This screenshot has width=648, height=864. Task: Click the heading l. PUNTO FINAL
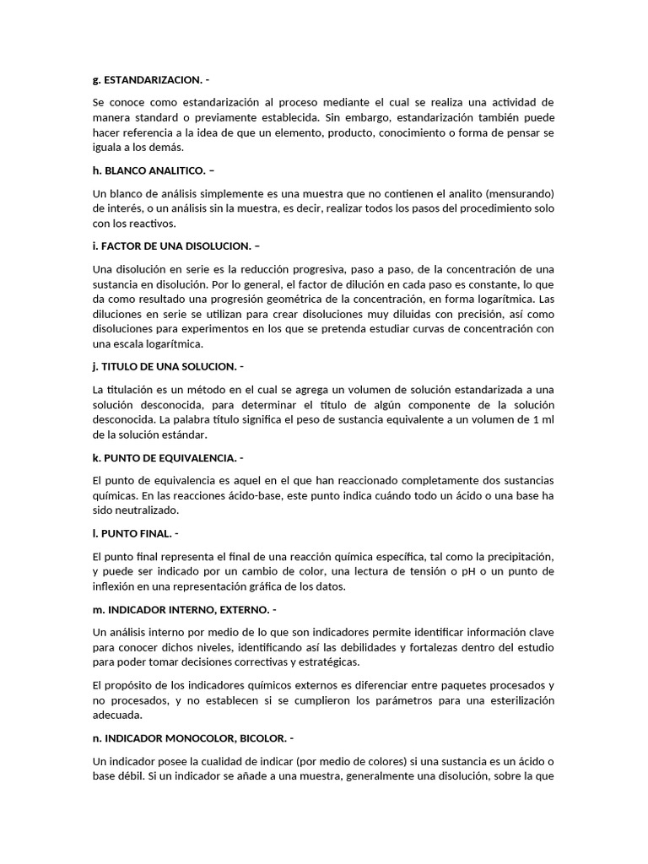pos(135,534)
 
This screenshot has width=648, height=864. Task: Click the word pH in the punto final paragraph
pos(445,571)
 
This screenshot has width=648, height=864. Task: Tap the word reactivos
pos(151,223)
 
